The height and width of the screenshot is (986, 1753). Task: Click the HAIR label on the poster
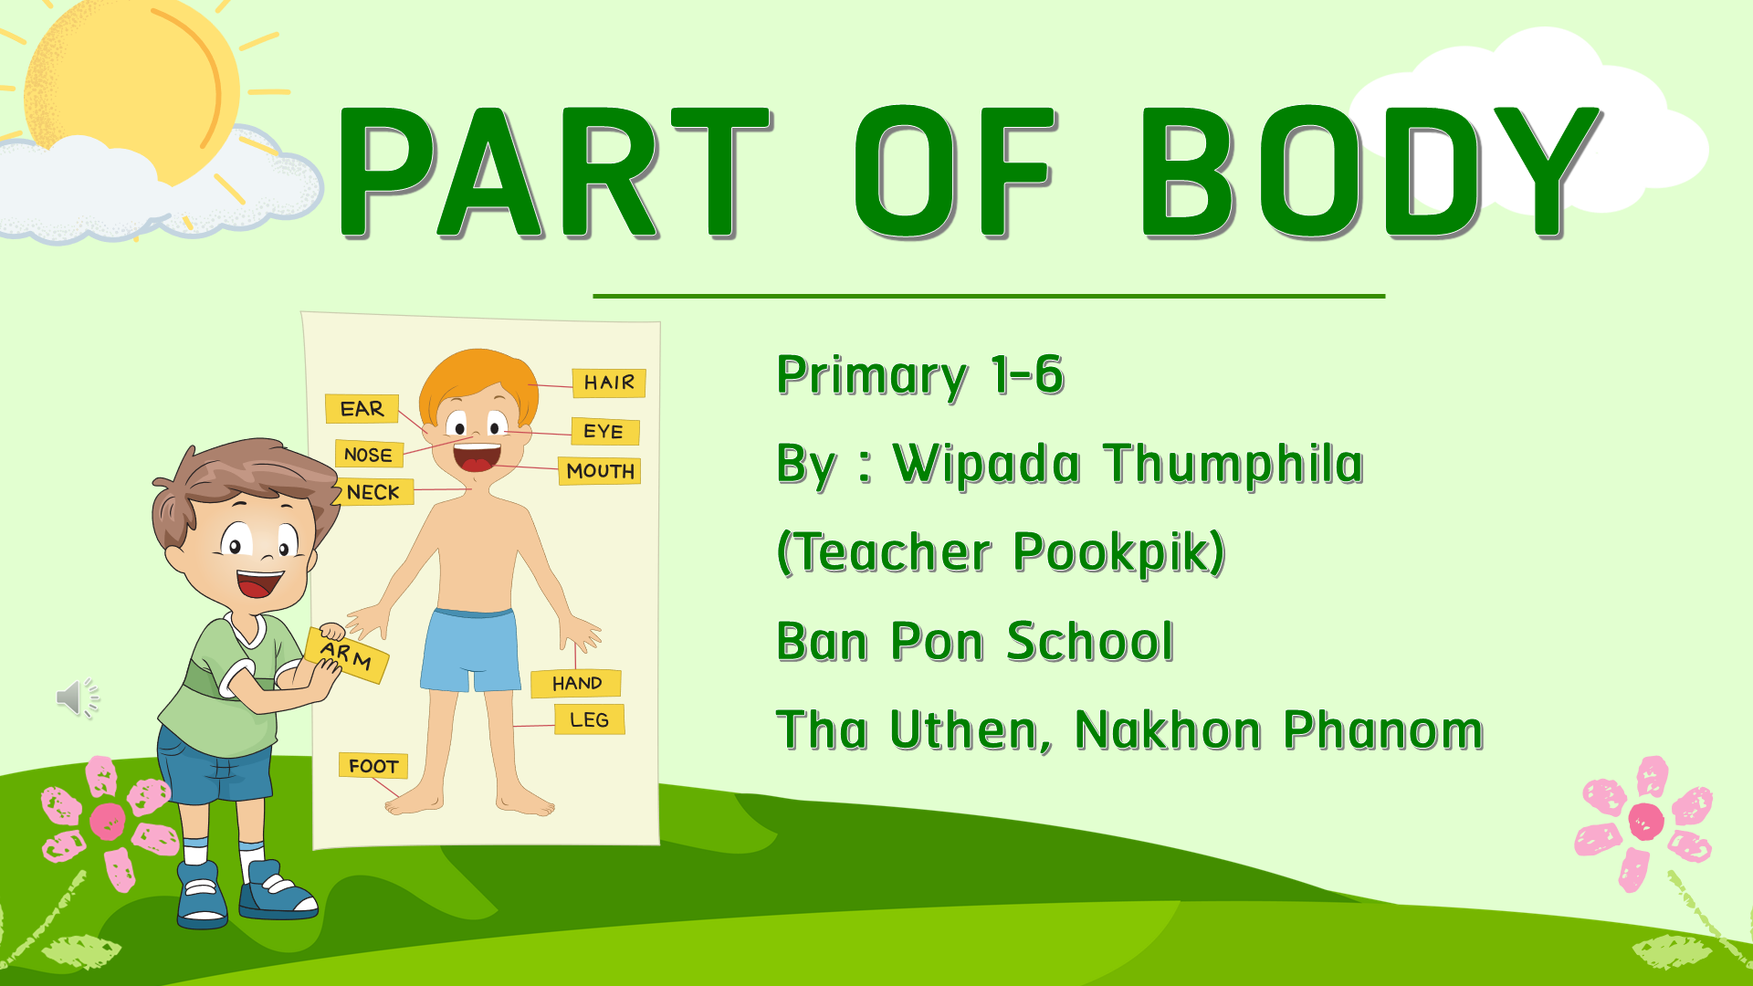(609, 383)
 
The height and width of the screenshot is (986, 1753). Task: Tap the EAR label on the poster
(362, 409)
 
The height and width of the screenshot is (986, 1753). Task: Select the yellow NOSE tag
(369, 454)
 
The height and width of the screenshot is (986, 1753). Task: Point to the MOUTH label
(600, 471)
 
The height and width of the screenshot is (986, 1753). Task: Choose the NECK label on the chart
(374, 492)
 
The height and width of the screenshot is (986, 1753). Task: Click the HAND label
(576, 683)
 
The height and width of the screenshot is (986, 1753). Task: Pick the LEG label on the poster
(590, 719)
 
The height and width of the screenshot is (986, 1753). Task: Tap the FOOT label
(373, 766)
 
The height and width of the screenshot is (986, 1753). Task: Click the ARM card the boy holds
(347, 655)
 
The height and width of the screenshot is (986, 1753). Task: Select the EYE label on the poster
(604, 431)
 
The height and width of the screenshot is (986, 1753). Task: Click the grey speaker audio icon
(78, 698)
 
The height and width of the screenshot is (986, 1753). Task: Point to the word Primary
(872, 376)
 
